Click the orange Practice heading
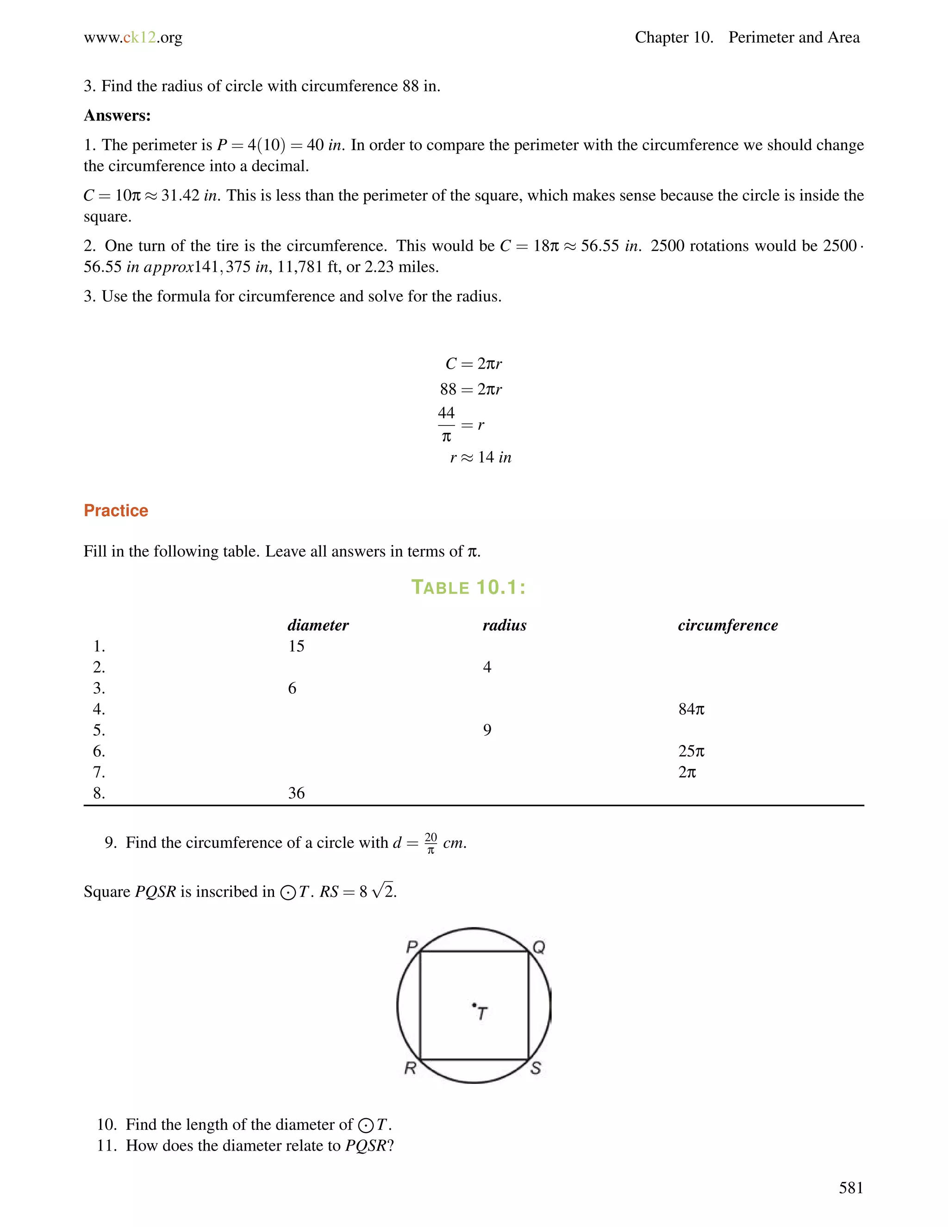coord(116,510)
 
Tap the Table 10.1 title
coord(468,587)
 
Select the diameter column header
coord(318,625)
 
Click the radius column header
coord(505,625)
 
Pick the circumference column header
coord(727,625)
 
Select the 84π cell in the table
coord(691,709)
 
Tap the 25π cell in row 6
coord(691,751)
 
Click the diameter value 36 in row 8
coord(296,793)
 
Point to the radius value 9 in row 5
coord(487,730)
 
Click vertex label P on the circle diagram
coord(412,947)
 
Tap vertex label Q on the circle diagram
coord(539,948)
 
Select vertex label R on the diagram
coord(411,1068)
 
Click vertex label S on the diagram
coord(536,1068)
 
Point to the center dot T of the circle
coord(474,1005)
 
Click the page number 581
coord(851,1188)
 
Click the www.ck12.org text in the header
coord(133,38)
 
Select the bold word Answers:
coord(118,116)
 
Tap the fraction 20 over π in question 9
coord(431,843)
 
